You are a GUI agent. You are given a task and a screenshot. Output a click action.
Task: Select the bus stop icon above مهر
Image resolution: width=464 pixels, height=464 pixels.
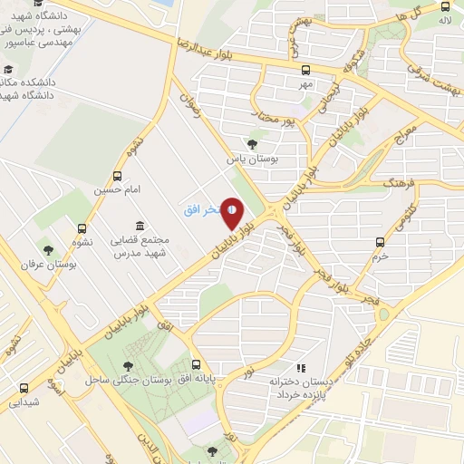[x=306, y=70]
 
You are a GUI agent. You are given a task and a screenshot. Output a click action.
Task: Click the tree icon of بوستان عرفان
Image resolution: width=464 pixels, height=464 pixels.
[x=48, y=250]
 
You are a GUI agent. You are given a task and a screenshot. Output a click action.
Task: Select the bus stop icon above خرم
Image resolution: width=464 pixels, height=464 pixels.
[x=381, y=242]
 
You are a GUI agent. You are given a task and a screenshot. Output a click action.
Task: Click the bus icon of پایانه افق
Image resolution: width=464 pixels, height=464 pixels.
[x=197, y=364]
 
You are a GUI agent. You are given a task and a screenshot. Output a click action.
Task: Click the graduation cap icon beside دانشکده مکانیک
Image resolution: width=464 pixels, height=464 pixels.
[x=8, y=71]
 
